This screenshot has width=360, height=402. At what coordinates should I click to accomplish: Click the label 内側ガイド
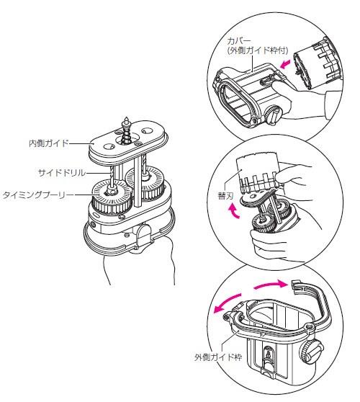point(49,143)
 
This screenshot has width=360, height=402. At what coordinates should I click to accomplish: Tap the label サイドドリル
point(62,173)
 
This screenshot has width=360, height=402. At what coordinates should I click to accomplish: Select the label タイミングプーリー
point(37,195)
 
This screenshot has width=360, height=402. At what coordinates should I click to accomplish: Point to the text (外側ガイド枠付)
point(258,50)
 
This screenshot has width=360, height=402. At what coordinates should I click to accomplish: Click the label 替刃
point(225,196)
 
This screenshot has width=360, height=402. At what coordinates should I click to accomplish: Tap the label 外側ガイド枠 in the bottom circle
point(218,357)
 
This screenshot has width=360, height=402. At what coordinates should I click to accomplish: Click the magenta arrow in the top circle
point(286,64)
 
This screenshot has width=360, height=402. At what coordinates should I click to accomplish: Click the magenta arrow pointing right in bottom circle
point(270,285)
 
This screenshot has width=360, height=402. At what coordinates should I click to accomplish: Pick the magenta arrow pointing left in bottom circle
point(227,303)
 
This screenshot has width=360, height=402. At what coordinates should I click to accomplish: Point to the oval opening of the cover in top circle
point(235,102)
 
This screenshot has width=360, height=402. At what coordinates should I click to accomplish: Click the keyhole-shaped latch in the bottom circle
point(268,357)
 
